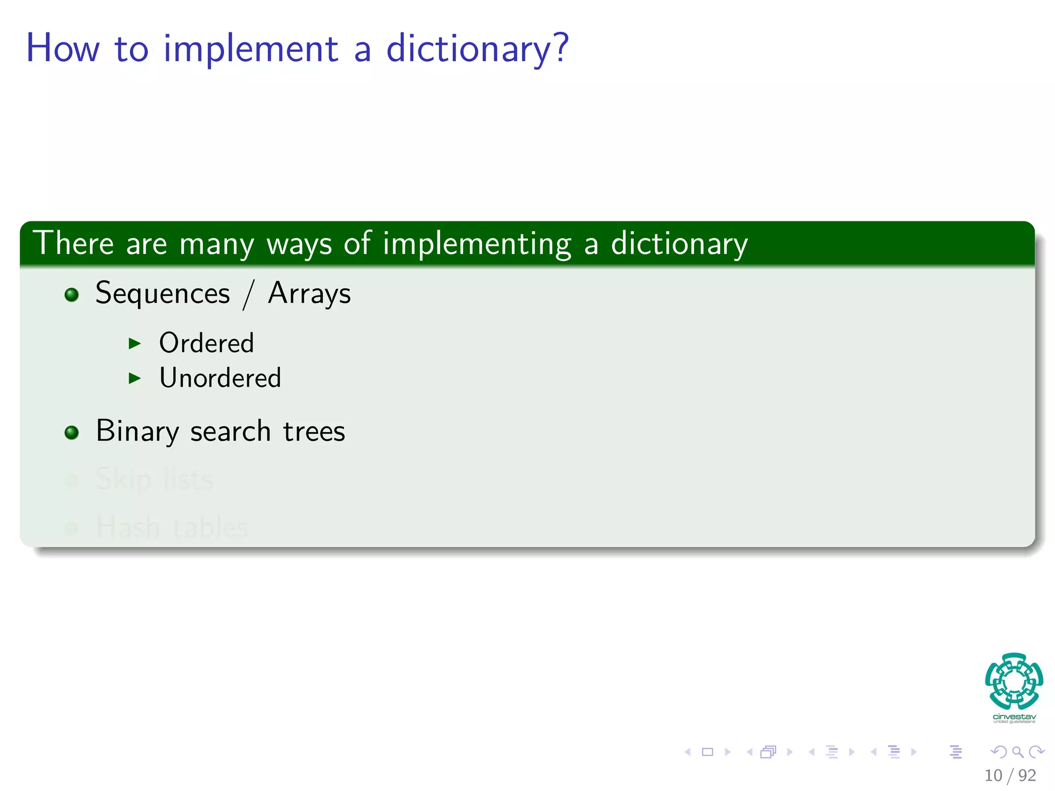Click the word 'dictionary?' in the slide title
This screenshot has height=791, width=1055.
[477, 49]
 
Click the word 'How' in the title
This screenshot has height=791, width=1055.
[62, 49]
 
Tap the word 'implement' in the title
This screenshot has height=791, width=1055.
[251, 49]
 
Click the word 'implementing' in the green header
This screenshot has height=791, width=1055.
[477, 244]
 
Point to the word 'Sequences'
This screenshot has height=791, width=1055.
[163, 294]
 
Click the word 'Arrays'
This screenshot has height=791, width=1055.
[309, 294]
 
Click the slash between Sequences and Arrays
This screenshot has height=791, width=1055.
[249, 295]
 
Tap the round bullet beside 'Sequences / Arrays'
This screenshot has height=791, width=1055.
[72, 295]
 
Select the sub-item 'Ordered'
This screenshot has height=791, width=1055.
[207, 343]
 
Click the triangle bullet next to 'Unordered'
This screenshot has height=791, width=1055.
[134, 379]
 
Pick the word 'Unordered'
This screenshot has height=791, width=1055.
[220, 378]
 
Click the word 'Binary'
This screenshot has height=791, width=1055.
[138, 432]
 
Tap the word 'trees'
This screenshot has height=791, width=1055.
[314, 432]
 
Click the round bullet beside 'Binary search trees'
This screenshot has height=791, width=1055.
[72, 433]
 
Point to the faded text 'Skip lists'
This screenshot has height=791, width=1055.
[155, 479]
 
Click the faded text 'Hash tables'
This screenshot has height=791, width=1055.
[172, 527]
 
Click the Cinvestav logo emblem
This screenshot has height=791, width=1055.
[1014, 681]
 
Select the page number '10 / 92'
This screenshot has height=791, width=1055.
[1010, 775]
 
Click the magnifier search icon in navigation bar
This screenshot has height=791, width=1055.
[1017, 752]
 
